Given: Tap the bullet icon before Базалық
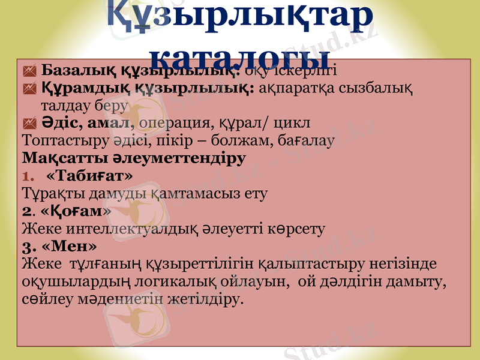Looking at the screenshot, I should pyautogui.click(x=29, y=71).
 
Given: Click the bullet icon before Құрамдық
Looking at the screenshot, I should pyautogui.click(x=29, y=89).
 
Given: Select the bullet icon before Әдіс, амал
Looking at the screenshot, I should pyautogui.click(x=29, y=124).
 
